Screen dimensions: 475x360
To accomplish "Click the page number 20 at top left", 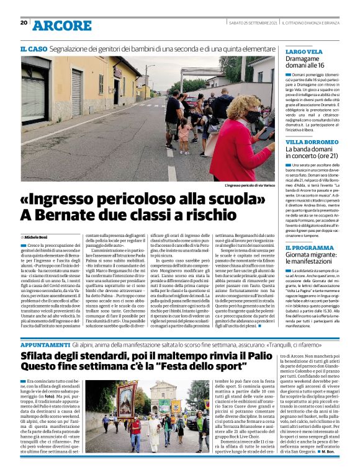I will tap(24, 23).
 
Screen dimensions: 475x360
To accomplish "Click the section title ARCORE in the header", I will tap(61, 25).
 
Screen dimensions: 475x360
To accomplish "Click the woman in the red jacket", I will tap(248, 143).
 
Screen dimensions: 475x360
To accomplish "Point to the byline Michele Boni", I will tap(38, 237).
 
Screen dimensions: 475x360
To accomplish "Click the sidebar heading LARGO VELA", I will tap(304, 51).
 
